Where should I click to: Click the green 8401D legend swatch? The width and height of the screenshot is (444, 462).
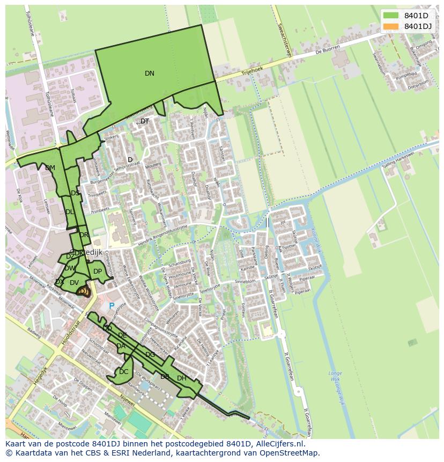pyautogui.click(x=391, y=16)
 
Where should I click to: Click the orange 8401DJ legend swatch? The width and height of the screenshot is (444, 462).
pyautogui.click(x=391, y=26)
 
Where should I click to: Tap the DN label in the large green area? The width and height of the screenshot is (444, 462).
pyautogui.click(x=150, y=74)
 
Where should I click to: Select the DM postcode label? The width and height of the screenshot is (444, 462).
pyautogui.click(x=50, y=168)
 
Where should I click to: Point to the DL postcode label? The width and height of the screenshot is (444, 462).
pyautogui.click(x=70, y=212)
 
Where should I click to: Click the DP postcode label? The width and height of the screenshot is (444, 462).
pyautogui.click(x=98, y=272)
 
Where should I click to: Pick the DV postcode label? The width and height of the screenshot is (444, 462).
pyautogui.click(x=75, y=283)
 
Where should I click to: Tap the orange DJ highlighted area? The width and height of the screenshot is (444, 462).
pyautogui.click(x=83, y=291)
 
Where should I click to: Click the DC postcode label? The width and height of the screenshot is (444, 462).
pyautogui.click(x=124, y=372)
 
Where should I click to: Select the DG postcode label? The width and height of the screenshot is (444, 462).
pyautogui.click(x=150, y=355)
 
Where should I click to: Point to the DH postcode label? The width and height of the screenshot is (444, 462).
pyautogui.click(x=182, y=378)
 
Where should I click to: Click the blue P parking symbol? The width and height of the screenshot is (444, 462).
pyautogui.click(x=112, y=306)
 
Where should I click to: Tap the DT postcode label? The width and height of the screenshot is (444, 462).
pyautogui.click(x=145, y=121)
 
